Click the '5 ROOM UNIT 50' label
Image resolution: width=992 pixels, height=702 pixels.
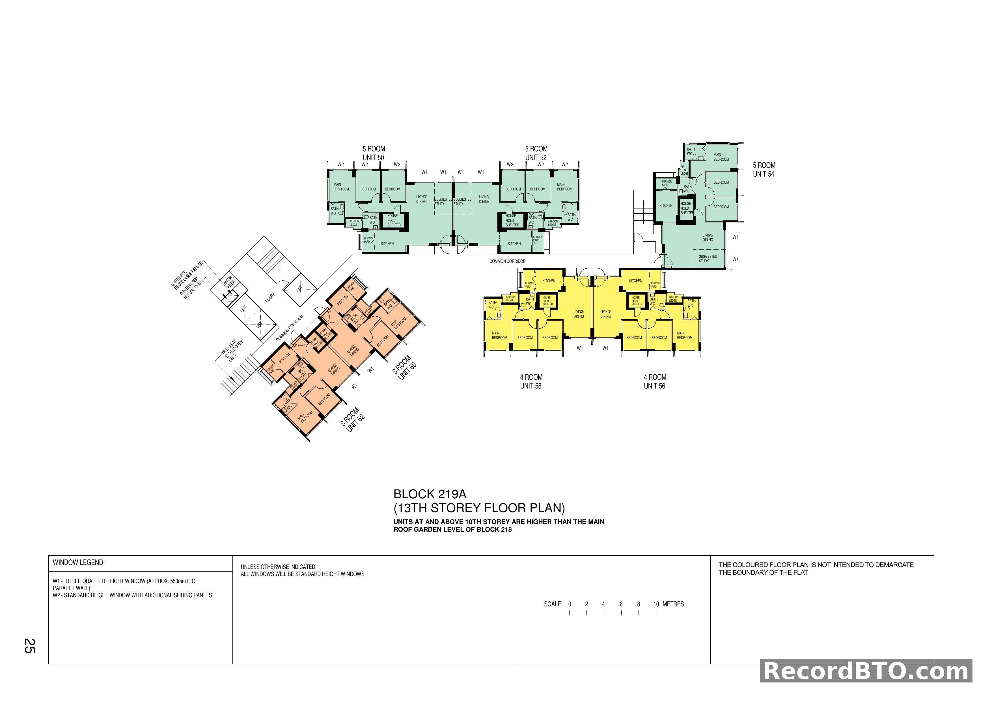373,153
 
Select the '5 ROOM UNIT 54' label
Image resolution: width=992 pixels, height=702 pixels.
764,169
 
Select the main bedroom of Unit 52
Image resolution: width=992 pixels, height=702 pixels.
564,187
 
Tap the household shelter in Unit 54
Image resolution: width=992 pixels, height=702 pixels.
687,208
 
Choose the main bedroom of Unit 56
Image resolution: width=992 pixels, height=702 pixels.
684,336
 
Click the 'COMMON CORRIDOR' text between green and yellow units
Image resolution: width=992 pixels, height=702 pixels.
507,261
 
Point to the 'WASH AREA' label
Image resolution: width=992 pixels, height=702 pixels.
229,282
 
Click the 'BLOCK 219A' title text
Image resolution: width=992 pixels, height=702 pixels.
430,494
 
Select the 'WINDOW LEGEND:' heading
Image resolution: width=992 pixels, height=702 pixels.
79,563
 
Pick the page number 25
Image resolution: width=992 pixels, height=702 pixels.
29,645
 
